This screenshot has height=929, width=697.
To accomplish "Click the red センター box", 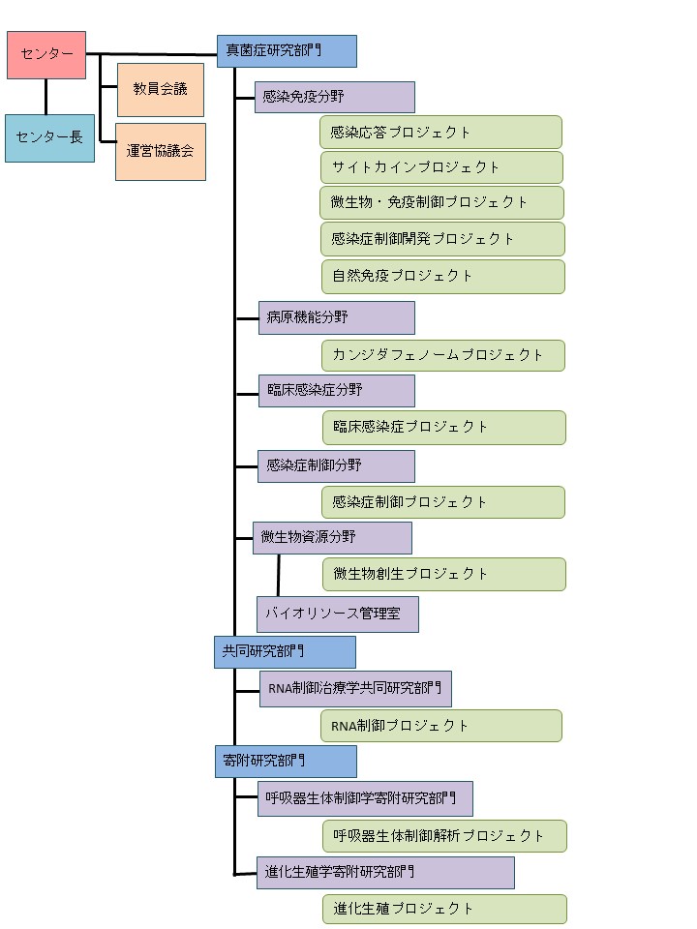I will point(46,55).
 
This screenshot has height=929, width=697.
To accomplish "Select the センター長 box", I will point(49,137).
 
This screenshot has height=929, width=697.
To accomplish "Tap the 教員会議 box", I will point(160,89).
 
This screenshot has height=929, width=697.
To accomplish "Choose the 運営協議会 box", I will point(160,151).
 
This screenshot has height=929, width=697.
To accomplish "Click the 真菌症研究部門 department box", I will point(287,51).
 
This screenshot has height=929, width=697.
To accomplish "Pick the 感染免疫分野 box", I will point(334,97).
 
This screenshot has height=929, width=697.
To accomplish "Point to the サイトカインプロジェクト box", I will point(441,167).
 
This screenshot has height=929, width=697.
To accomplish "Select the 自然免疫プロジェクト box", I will point(442,276).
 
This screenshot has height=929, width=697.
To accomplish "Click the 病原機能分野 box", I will point(336,317).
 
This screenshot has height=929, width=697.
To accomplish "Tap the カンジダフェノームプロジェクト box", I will point(443,355).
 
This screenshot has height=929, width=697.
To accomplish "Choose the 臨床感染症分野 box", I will point(336,391).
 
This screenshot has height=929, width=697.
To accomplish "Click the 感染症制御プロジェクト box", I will point(443,502).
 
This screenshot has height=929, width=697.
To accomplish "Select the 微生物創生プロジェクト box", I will point(443,574).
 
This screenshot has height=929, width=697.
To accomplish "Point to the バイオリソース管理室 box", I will point(337,614).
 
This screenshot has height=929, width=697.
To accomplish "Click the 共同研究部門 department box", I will point(285,652).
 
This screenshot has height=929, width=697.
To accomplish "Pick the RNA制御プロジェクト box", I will point(440,726).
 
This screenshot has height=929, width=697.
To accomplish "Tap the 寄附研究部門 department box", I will point(286,761).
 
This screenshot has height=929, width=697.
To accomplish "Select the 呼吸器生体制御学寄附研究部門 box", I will point(365,799).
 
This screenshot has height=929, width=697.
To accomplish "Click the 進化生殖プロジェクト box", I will point(444,909).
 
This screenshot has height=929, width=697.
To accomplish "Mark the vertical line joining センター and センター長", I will point(45,97).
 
